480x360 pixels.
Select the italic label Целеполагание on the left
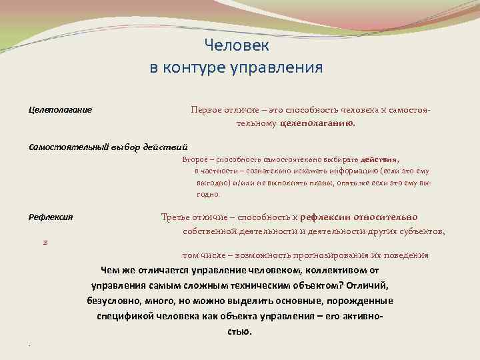(60, 109)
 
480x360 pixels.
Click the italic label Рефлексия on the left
(50, 217)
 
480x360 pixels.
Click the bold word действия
(379, 160)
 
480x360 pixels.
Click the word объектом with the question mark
(315, 285)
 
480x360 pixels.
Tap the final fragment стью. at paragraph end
(239, 331)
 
